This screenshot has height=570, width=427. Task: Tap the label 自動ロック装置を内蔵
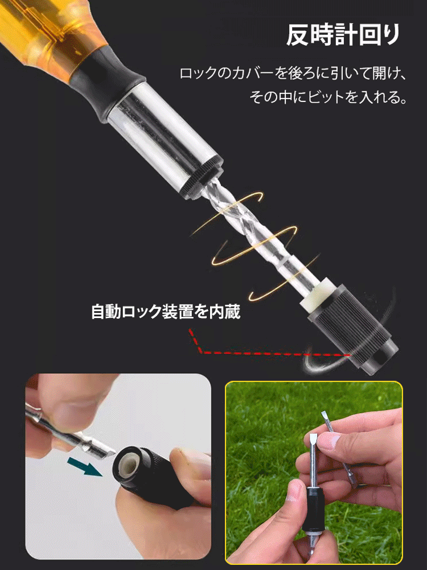[166, 312]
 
